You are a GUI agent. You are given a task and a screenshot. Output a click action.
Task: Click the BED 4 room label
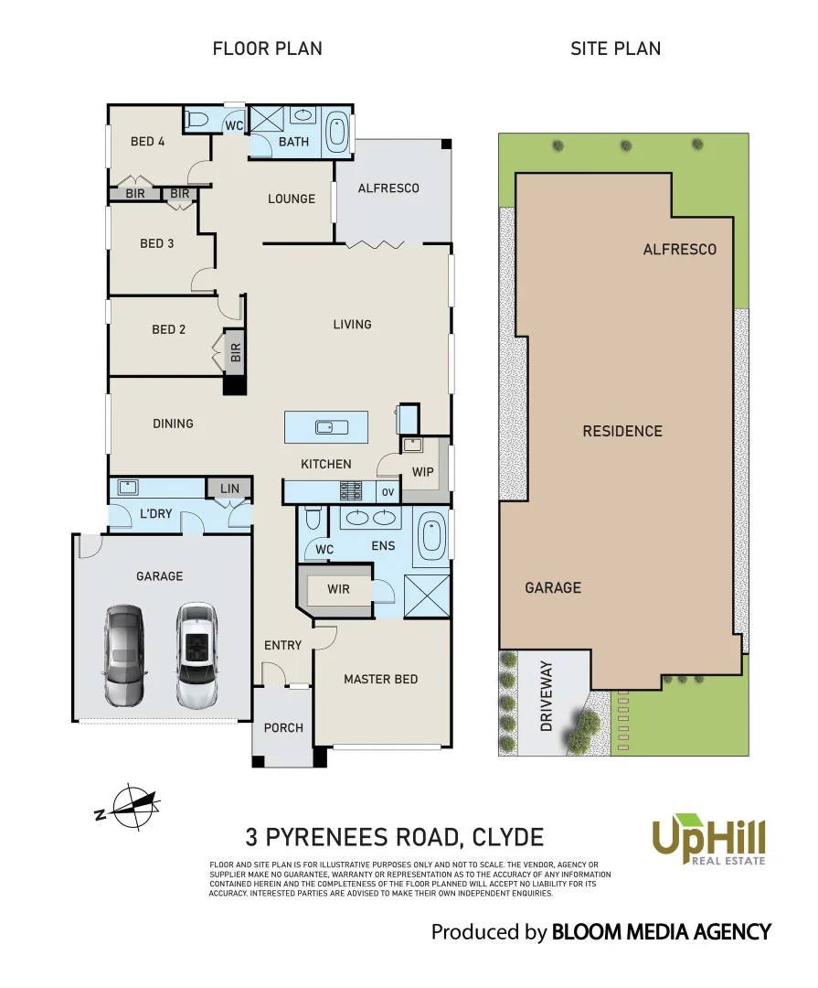pyautogui.click(x=148, y=141)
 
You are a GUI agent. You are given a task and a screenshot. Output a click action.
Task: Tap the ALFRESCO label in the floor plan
pyautogui.click(x=388, y=188)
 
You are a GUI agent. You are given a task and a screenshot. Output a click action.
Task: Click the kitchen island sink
pyautogui.click(x=326, y=426)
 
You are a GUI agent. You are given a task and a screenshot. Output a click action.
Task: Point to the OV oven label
pyautogui.click(x=388, y=492)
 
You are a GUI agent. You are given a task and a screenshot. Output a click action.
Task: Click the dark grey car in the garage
pyautogui.click(x=124, y=655)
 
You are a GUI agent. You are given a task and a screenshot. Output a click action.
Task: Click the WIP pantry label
pyautogui.click(x=422, y=472)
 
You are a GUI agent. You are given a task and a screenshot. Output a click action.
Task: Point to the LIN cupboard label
pyautogui.click(x=229, y=489)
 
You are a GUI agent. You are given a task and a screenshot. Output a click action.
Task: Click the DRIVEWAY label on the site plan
pyautogui.click(x=547, y=695)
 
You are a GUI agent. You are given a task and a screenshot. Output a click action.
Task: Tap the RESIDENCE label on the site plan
pyautogui.click(x=622, y=431)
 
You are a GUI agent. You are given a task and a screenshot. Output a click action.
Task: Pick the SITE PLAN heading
pyautogui.click(x=615, y=48)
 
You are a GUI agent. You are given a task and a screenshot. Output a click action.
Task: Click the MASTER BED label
pyautogui.click(x=380, y=679)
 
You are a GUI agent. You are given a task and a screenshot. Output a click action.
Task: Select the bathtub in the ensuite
pyautogui.click(x=430, y=538)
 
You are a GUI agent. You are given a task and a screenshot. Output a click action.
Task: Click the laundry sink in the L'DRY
pyautogui.click(x=127, y=487)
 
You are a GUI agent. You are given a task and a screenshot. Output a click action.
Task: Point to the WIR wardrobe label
pyautogui.click(x=338, y=589)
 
